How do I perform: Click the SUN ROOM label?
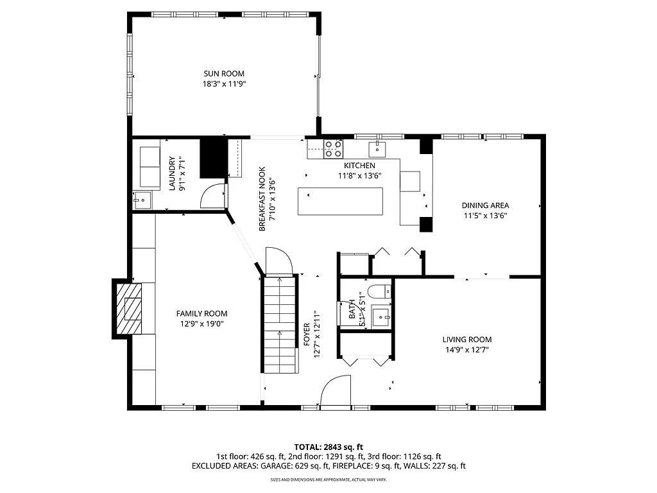224,74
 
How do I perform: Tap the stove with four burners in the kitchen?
333,149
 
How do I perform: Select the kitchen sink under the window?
377,150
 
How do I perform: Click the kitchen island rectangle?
340,202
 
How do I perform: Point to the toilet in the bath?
380,290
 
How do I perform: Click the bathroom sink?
381,316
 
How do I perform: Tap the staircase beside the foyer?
280,324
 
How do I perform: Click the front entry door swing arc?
336,392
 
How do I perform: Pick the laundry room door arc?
213,196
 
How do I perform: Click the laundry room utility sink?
142,200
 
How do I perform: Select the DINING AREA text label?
485,205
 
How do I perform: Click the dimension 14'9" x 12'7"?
466,350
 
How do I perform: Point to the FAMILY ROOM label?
201,313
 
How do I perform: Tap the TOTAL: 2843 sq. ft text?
328,447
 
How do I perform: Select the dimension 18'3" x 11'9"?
224,84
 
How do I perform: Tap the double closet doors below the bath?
365,361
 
